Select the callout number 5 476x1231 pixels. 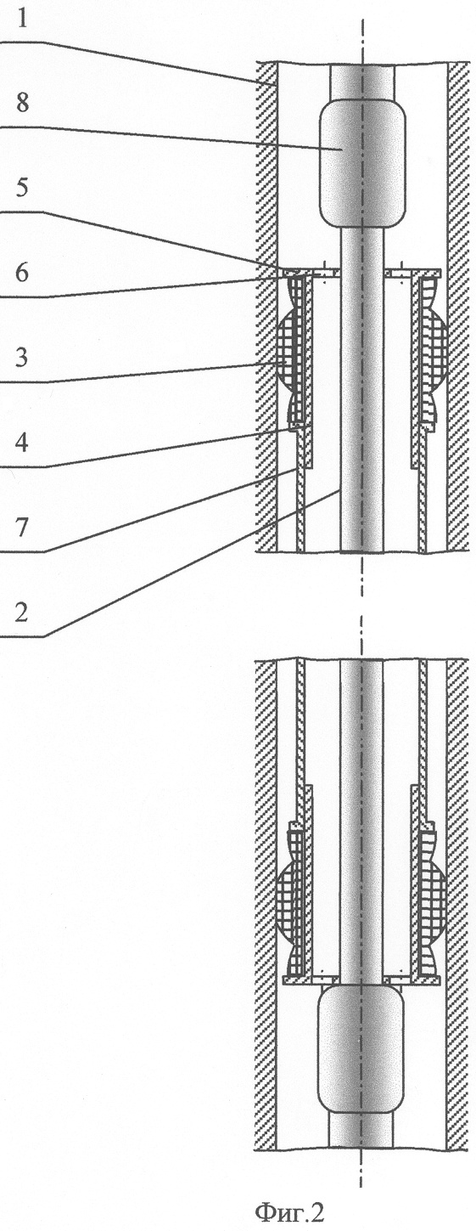click(x=22, y=188)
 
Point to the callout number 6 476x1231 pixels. click(x=22, y=273)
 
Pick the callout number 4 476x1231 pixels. click(x=22, y=443)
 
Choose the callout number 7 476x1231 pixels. click(x=22, y=528)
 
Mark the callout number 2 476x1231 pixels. click(x=22, y=613)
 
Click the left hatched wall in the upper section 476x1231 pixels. click(x=266, y=307)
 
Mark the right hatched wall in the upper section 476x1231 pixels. click(x=458, y=307)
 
